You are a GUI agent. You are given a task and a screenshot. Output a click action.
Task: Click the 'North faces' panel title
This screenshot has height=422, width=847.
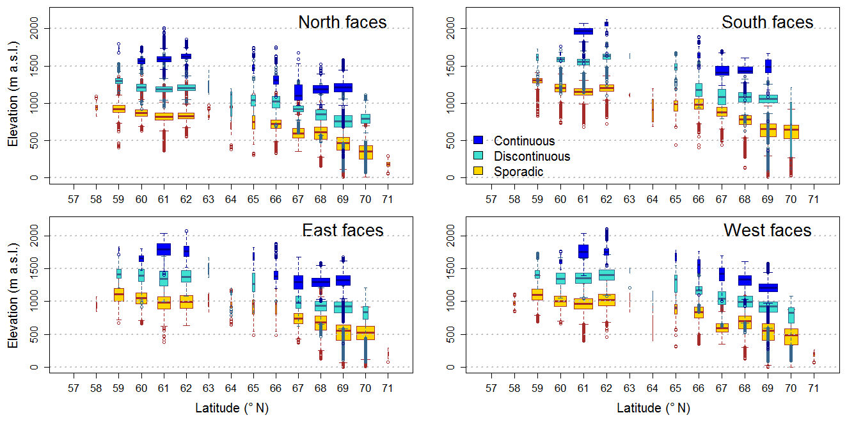tap(342, 22)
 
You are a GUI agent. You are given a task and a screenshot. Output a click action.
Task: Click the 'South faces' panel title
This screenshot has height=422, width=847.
tap(767, 22)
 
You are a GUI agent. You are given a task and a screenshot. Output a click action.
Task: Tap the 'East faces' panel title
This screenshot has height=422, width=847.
tap(342, 231)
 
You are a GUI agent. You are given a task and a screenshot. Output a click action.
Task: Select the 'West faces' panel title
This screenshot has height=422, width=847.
tap(767, 231)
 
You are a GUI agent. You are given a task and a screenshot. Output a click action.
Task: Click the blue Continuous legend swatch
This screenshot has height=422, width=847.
tap(477, 140)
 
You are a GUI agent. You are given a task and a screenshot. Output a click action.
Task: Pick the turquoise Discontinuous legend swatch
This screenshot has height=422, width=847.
tap(477, 156)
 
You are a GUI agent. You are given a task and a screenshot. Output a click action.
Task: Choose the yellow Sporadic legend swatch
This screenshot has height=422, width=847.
tap(477, 171)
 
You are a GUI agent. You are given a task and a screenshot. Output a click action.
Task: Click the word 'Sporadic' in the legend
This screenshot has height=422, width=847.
tap(518, 172)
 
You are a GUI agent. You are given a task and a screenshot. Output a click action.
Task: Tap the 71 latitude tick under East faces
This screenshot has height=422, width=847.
tap(387, 389)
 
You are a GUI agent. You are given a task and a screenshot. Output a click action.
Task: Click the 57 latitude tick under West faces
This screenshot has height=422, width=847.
tap(491, 389)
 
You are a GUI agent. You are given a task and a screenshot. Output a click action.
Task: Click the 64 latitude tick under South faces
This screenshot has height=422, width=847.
tap(652, 200)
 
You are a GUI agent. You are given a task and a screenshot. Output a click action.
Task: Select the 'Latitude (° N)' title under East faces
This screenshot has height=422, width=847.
tap(231, 408)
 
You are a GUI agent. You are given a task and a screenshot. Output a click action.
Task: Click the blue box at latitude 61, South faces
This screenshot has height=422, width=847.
tap(583, 31)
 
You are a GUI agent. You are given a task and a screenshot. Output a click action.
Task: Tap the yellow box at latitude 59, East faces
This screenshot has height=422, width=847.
tap(118, 295)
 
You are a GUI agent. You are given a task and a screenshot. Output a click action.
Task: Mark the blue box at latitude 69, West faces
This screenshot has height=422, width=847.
tap(767, 288)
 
